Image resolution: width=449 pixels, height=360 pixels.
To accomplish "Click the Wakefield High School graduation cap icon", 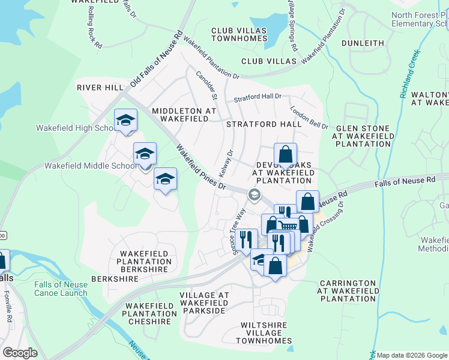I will click(x=126, y=121).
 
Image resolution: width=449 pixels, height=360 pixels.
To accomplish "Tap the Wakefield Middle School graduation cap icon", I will click(x=145, y=155).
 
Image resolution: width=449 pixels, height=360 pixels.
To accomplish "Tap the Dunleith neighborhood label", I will click(x=363, y=43).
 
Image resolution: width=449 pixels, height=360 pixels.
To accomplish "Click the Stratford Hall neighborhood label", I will click(x=264, y=124).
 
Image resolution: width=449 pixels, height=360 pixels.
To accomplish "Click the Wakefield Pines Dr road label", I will click(x=200, y=167).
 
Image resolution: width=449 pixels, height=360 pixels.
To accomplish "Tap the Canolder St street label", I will click(x=206, y=85).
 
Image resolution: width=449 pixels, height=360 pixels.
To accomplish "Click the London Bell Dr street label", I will click(x=309, y=118).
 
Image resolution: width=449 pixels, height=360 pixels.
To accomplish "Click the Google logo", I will click(x=20, y=353).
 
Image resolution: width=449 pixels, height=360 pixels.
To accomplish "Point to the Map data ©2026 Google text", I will click(x=412, y=355).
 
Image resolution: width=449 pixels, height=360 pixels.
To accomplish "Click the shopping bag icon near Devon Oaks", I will click(x=286, y=154).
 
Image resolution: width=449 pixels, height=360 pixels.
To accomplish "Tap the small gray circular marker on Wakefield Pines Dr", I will click(x=255, y=193).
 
